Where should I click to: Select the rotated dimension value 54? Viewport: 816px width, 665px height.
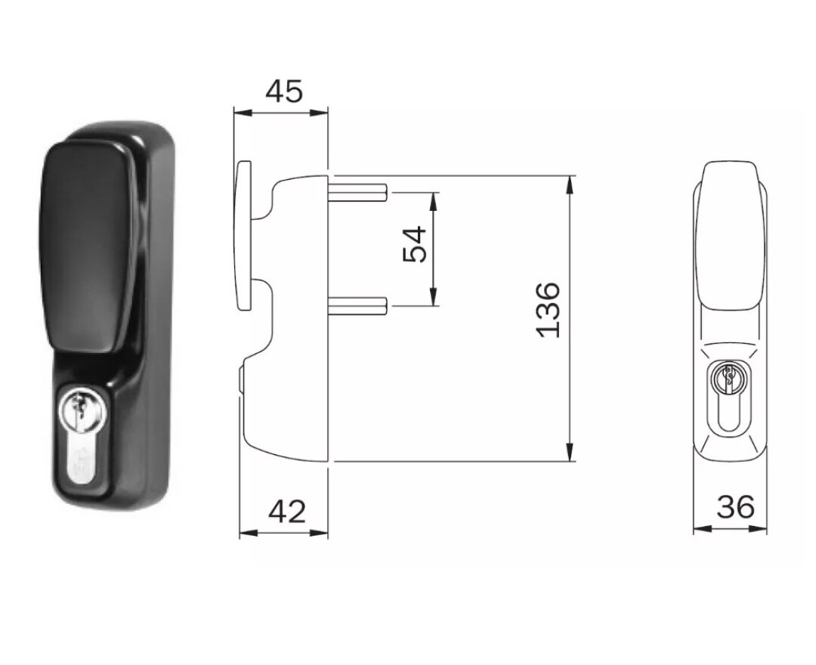tap(415, 244)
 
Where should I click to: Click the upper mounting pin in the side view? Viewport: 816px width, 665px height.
tap(358, 193)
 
